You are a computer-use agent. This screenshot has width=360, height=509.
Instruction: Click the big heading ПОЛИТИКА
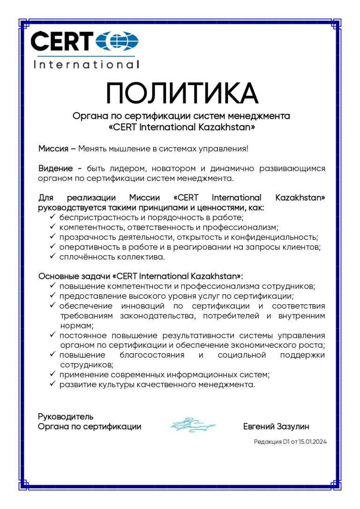coord(182,93)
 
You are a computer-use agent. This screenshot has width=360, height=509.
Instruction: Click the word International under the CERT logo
coord(87,65)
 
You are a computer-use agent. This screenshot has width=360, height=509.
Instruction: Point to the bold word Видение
coord(55,169)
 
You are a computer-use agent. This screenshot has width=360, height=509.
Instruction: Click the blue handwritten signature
coord(193,424)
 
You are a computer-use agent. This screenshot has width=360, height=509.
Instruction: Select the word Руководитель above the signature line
coord(66,416)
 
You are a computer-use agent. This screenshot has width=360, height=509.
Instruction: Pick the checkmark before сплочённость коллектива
coord(52,256)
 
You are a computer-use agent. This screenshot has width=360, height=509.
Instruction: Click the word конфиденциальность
coord(277,237)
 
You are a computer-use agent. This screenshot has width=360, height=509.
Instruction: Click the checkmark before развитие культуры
coord(52,384)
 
